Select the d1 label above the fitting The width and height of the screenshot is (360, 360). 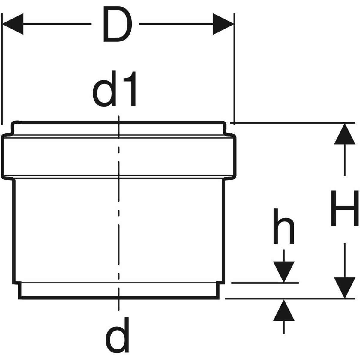click(115, 89)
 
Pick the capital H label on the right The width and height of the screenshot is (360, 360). click(344, 208)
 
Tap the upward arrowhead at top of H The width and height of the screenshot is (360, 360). click(344, 133)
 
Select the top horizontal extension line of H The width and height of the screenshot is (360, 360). click(294, 123)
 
